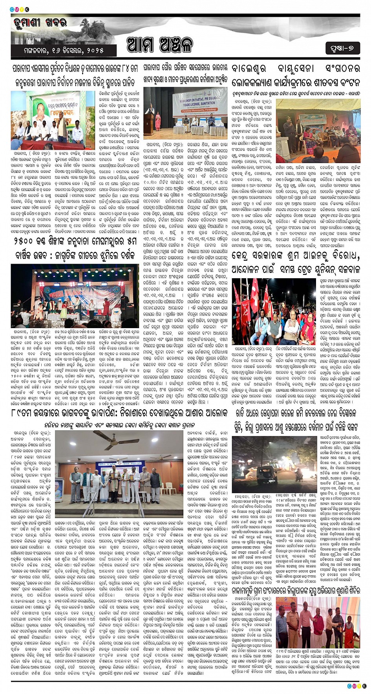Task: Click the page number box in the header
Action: pos(342,48)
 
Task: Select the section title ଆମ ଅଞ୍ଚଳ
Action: pos(160,45)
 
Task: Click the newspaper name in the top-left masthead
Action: pos(40,23)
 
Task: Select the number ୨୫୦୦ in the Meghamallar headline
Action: pos(24,242)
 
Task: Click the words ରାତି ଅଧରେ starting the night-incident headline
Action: pos(252,413)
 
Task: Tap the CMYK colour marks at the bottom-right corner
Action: pos(356,686)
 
